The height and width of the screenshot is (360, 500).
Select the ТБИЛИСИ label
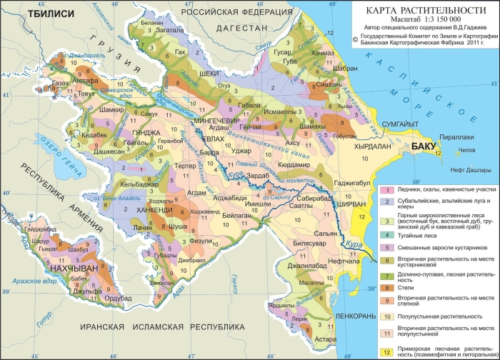coord(29,12)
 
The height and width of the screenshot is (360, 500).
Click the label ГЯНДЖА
coord(146,133)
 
